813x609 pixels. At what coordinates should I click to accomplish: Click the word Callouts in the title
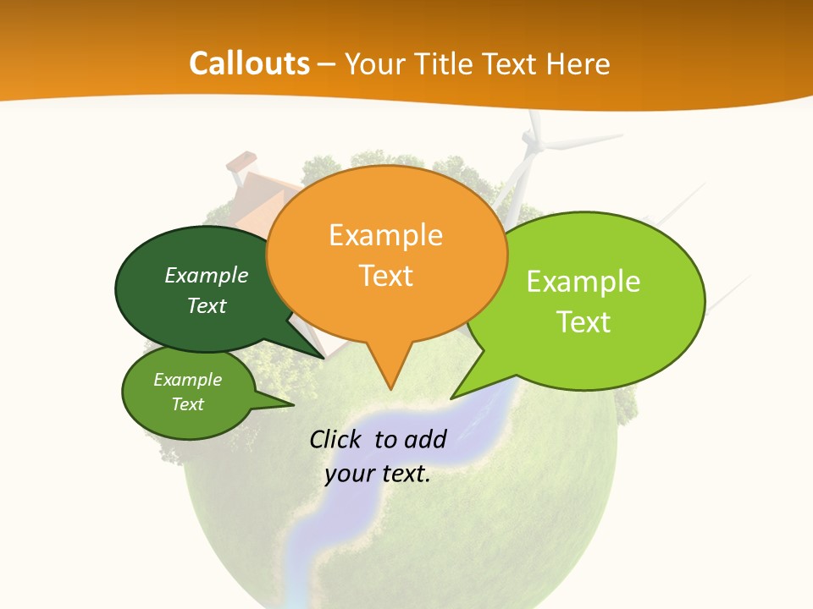tap(249, 63)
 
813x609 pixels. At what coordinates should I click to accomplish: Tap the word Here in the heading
tap(577, 63)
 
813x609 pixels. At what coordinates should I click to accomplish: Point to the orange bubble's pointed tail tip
tap(390, 388)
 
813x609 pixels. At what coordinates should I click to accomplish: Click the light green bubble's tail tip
tap(452, 397)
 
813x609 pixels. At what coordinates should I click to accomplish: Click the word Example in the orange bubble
tap(385, 234)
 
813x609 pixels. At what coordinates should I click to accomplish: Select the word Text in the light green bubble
tap(583, 322)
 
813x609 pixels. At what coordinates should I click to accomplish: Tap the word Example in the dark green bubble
tap(207, 275)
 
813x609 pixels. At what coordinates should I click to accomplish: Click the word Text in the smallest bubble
tap(188, 404)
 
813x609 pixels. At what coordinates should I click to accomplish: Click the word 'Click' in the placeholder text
tap(335, 439)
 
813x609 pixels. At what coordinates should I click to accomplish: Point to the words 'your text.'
tap(378, 474)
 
